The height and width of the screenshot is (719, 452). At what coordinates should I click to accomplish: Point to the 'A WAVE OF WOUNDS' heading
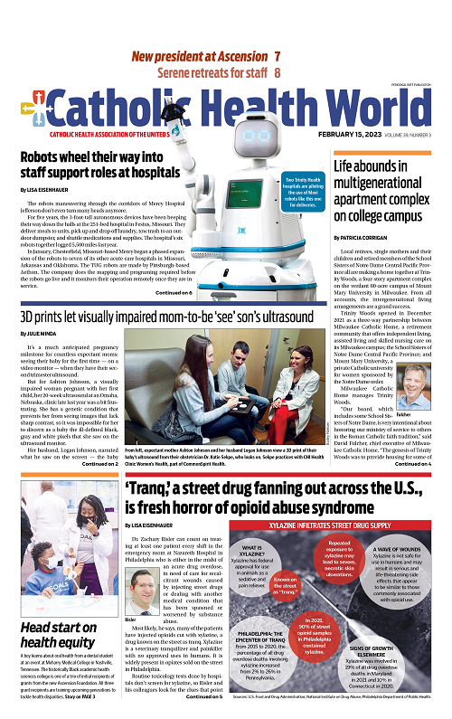[400, 551]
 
